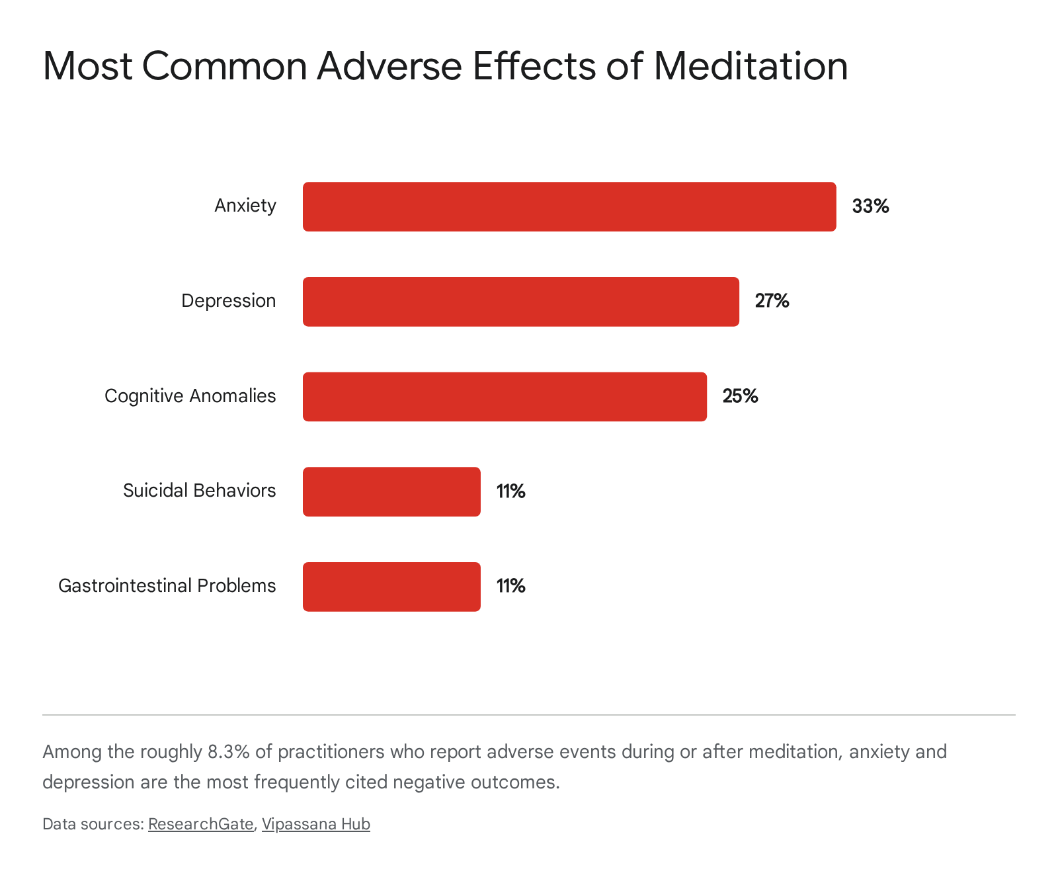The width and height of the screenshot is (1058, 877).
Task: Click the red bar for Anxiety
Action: (x=569, y=206)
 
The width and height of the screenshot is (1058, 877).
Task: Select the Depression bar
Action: (x=521, y=302)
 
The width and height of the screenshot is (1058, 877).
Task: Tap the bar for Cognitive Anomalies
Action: (x=505, y=396)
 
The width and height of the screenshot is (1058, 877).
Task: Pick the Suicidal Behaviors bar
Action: (x=391, y=491)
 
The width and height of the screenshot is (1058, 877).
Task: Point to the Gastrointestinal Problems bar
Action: (x=391, y=587)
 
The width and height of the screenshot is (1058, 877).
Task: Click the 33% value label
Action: (x=870, y=206)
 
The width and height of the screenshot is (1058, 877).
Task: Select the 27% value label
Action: (x=772, y=301)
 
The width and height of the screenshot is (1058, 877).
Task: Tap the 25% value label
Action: (x=740, y=396)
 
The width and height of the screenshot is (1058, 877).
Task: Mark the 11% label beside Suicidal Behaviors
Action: (x=510, y=491)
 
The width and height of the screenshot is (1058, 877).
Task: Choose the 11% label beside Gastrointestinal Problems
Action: (x=510, y=585)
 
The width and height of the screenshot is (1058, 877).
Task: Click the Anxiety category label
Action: (x=245, y=206)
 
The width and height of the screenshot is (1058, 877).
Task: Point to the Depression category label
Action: (x=229, y=301)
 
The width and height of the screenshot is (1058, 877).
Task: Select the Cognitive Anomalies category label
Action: (x=190, y=396)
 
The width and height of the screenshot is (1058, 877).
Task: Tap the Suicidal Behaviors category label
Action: (x=200, y=490)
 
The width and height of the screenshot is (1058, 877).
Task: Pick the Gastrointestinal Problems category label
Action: (x=167, y=585)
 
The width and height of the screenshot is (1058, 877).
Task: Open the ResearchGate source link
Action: (x=201, y=824)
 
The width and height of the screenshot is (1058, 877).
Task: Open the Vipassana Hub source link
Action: (x=316, y=824)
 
